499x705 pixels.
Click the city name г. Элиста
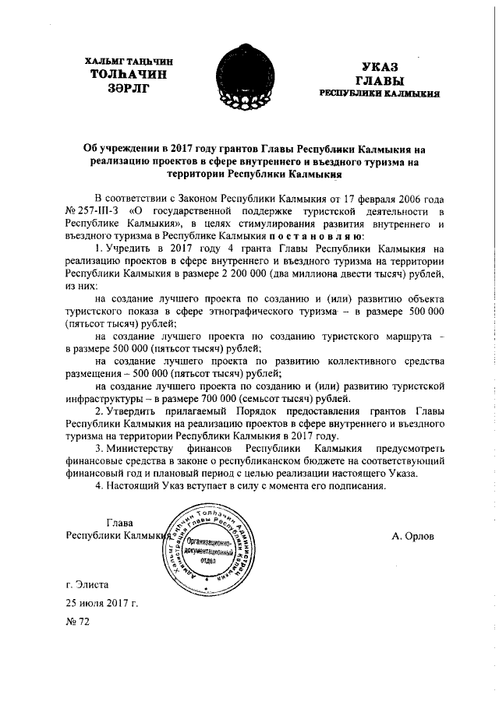point(88,583)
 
